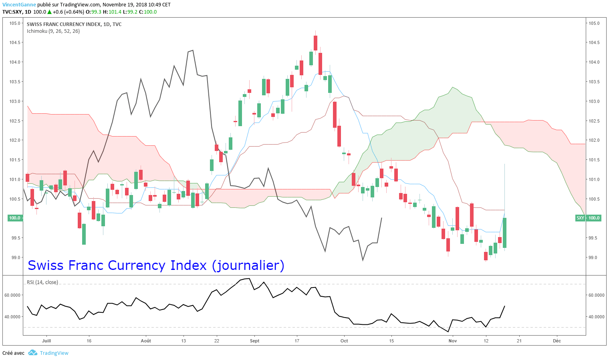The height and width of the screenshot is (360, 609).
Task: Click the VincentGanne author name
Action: click(19, 5)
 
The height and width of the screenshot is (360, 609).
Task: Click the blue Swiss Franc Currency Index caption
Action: click(156, 265)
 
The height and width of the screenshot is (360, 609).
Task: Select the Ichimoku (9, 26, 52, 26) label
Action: click(53, 31)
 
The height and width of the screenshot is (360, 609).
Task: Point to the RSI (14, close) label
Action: click(42, 282)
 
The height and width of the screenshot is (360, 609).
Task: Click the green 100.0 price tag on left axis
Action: click(15, 218)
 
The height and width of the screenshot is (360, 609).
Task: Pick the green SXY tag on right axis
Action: click(580, 218)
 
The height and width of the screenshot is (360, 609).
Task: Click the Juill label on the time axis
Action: click(46, 341)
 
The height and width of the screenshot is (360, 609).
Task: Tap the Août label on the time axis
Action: click(146, 341)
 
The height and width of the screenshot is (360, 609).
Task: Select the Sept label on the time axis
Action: click(254, 341)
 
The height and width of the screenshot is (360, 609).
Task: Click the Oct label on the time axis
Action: click(344, 341)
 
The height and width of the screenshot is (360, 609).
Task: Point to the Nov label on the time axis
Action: click(453, 341)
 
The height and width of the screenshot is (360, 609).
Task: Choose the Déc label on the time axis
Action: click(557, 341)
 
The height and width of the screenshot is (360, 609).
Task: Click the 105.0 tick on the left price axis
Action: click(15, 23)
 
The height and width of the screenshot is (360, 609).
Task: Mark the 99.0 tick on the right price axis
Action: click(594, 257)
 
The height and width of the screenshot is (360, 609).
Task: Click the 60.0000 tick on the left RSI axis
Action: click(12, 295)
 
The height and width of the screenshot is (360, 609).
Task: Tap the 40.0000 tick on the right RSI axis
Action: click(596, 317)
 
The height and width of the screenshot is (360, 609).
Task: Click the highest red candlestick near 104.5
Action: click(316, 43)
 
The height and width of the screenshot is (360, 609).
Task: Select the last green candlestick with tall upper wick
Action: click(504, 232)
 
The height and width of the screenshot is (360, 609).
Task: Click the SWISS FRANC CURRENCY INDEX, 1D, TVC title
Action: click(74, 24)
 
